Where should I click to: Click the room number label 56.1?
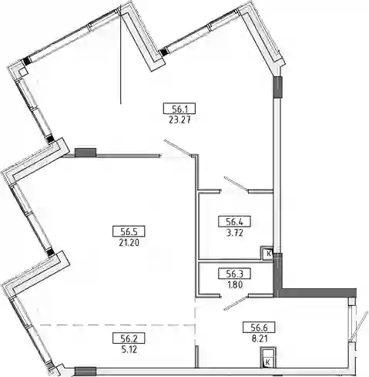coord(179,109)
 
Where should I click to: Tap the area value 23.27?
coord(179,120)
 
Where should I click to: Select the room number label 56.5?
coord(129,231)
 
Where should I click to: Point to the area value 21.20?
coord(129,243)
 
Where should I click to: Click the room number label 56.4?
coord(234,221)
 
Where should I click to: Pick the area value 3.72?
coord(234,234)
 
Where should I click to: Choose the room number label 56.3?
coord(234,274)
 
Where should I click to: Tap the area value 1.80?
coord(234,284)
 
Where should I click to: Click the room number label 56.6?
coord(259,328)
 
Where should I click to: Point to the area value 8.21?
coord(260,338)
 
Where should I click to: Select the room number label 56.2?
coord(129,338)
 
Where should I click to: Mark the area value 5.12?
coord(129,349)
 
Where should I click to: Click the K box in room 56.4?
coord(267,254)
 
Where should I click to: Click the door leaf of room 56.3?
coord(236,303)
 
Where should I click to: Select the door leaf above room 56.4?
coord(236,183)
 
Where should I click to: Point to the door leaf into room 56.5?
coord(178,147)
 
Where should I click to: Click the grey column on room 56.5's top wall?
coord(86,152)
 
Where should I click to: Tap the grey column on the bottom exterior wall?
coord(86,371)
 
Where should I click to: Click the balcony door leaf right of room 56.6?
coord(360,325)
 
